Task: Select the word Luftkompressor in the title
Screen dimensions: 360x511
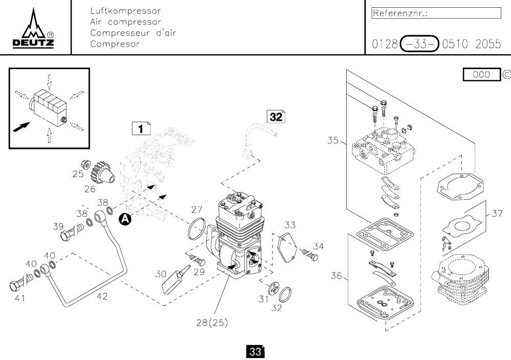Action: (x=125, y=11)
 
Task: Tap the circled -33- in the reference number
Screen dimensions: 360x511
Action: (x=419, y=44)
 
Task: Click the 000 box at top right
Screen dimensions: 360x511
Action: (x=481, y=75)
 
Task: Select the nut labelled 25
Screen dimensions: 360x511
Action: (x=87, y=166)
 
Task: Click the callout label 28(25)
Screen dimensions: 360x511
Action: (x=212, y=323)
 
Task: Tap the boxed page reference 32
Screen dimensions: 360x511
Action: (x=276, y=116)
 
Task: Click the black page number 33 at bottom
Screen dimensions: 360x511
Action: (x=255, y=352)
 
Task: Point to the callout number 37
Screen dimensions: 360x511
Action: (x=497, y=214)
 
